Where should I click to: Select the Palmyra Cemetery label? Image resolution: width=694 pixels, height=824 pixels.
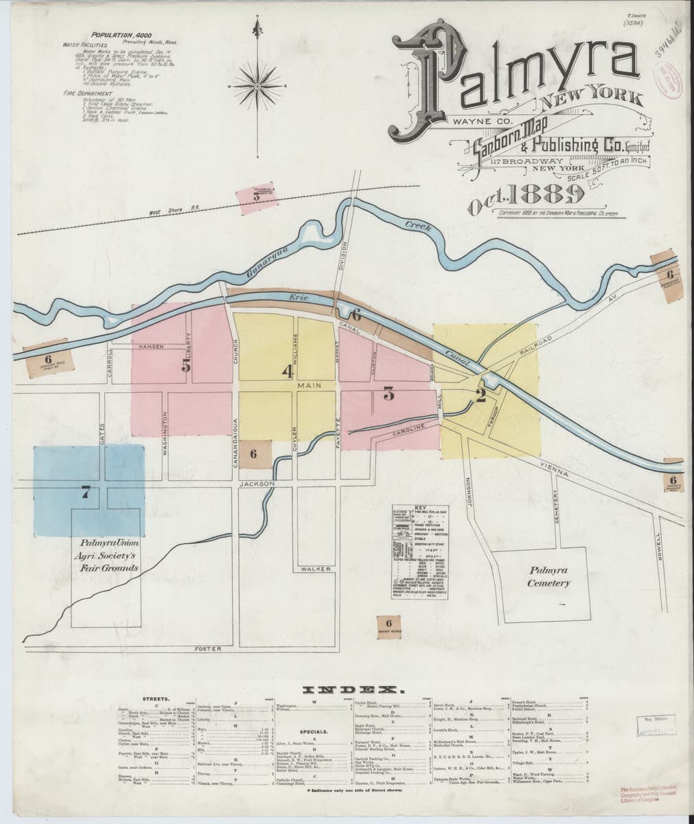548,577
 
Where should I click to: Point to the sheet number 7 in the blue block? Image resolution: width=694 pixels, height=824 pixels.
85,492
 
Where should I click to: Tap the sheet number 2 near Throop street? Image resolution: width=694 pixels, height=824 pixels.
481,394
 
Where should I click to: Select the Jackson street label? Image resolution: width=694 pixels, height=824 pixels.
257,483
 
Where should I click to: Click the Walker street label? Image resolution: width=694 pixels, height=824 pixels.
315,569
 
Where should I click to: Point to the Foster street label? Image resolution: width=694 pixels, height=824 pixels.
207,649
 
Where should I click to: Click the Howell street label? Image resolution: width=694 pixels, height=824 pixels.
659,548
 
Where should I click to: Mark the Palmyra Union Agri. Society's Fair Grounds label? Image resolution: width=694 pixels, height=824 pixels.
111,555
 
